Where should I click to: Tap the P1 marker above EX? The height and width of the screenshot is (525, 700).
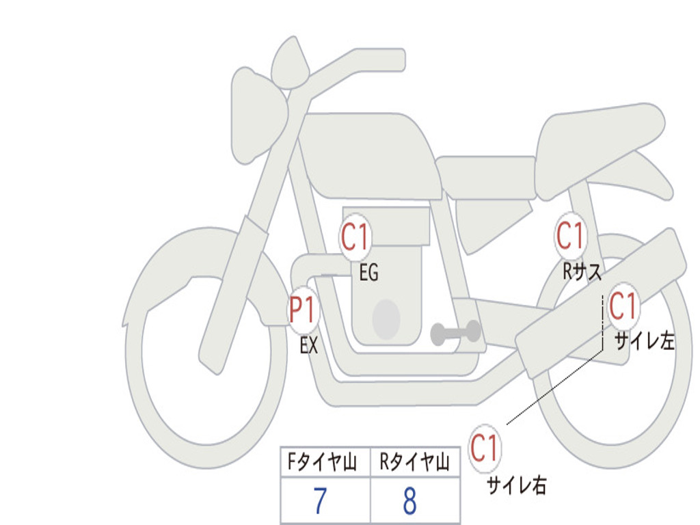click(304, 310)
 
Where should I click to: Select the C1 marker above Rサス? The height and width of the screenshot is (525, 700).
click(571, 235)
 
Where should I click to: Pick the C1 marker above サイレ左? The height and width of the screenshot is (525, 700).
click(623, 306)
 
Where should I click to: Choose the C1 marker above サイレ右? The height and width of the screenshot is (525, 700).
click(485, 448)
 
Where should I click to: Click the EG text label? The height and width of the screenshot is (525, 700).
click(368, 272)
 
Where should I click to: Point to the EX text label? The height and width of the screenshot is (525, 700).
click(309, 345)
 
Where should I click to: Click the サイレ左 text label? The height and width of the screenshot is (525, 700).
click(644, 341)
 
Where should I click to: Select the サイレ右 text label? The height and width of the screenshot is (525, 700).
click(516, 485)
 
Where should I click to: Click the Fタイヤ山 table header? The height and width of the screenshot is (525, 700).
click(322, 461)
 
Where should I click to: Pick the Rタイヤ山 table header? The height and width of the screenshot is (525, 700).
click(415, 461)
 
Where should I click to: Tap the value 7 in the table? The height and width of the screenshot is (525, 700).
click(320, 500)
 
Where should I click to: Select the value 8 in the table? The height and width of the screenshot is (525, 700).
click(410, 500)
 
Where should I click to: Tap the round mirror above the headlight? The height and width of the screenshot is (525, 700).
click(290, 62)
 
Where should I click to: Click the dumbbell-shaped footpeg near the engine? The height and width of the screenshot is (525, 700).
click(455, 332)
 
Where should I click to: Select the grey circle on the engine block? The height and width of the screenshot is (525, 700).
click(386, 319)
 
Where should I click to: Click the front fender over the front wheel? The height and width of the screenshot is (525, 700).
click(201, 268)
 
